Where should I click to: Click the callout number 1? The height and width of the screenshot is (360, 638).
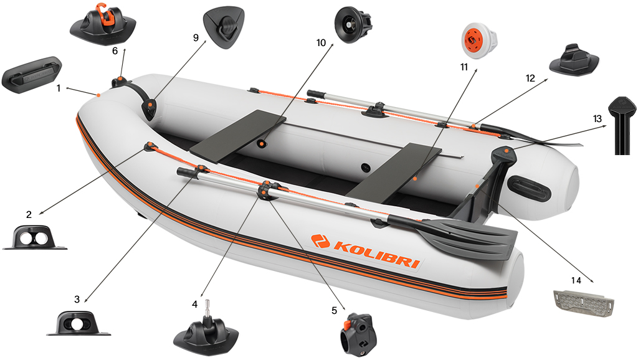click(59, 88)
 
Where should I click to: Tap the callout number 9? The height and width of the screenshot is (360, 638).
click(196, 38)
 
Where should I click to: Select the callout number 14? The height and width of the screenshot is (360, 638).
click(576, 280)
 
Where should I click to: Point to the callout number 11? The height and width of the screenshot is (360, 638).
click(464, 67)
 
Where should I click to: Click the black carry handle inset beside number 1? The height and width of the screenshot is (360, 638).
click(31, 75)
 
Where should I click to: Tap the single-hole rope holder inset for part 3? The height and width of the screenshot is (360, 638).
click(78, 324)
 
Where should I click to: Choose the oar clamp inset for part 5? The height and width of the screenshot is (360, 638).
click(358, 334)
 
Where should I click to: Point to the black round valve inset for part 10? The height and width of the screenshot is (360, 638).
click(353, 24)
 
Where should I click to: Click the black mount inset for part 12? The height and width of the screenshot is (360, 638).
click(574, 61)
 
